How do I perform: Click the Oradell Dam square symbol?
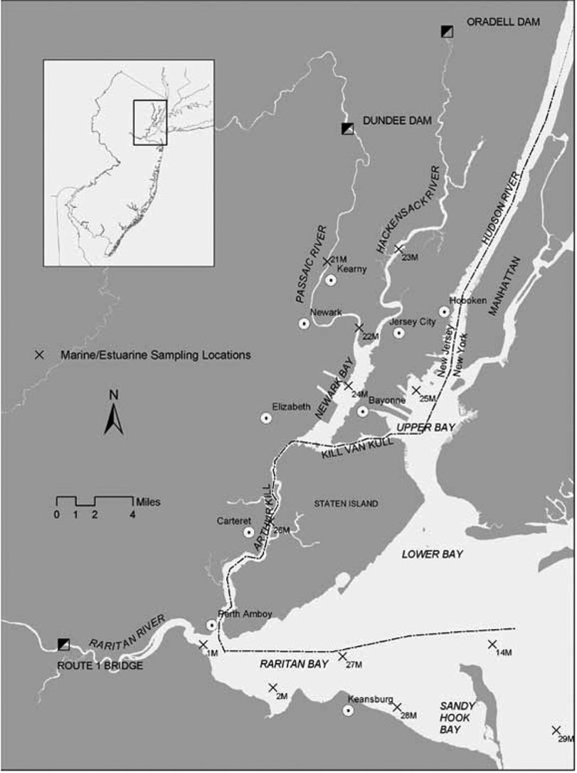[x=447, y=31]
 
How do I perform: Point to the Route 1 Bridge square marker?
[x=64, y=644]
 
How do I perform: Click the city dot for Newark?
[x=304, y=324]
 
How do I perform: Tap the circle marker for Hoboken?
[x=444, y=311]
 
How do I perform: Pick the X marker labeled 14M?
[x=492, y=644]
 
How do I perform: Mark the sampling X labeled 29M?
[x=556, y=730]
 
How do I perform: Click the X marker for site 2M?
[x=272, y=687]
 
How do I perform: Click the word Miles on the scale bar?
[x=147, y=502]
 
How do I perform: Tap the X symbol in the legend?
[x=41, y=354]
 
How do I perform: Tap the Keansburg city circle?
[x=349, y=710]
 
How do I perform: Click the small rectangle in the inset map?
[x=150, y=122]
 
